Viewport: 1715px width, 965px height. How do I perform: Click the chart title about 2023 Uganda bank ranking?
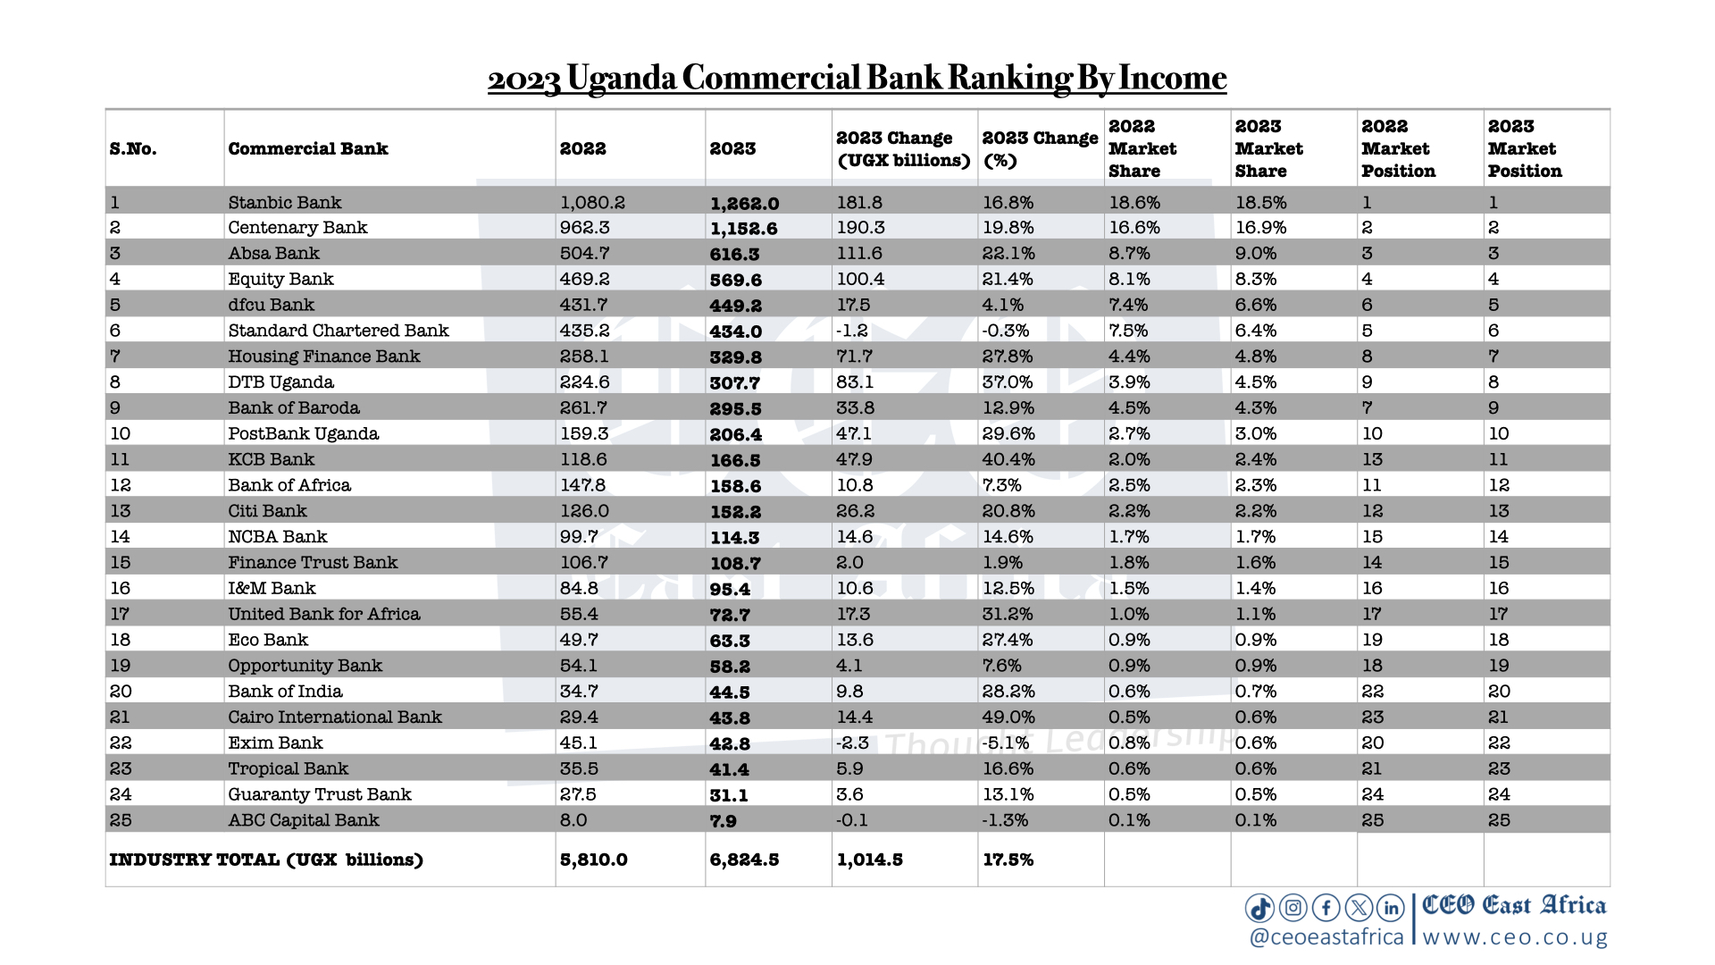(857, 79)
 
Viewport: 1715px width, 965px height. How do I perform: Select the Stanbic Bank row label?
(284, 203)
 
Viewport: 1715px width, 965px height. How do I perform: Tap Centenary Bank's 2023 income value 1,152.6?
(743, 229)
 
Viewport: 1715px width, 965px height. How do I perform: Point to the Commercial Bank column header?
(308, 149)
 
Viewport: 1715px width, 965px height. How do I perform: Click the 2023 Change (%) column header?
(1040, 149)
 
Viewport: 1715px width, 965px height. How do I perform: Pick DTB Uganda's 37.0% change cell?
(1008, 382)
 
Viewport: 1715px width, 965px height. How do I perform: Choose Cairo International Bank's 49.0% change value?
(1008, 717)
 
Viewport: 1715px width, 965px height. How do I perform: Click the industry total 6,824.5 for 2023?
(744, 860)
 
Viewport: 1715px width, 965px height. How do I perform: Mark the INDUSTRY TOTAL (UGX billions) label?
(266, 860)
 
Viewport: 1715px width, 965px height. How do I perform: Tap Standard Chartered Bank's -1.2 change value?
(851, 331)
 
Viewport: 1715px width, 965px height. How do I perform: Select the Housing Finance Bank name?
(323, 357)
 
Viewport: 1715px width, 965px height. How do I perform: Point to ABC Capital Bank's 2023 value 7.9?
(723, 821)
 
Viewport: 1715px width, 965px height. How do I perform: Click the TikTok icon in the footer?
(1259, 909)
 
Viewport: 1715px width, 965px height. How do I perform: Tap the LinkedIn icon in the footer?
(1391, 909)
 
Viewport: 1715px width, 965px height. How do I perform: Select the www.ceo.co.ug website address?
(1515, 937)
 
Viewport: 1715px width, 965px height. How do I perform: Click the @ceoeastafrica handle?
(1326, 937)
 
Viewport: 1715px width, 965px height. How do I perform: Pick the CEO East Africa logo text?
(1514, 906)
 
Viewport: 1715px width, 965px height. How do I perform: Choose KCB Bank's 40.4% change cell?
(1008, 460)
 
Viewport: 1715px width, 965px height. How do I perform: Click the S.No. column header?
(133, 149)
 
